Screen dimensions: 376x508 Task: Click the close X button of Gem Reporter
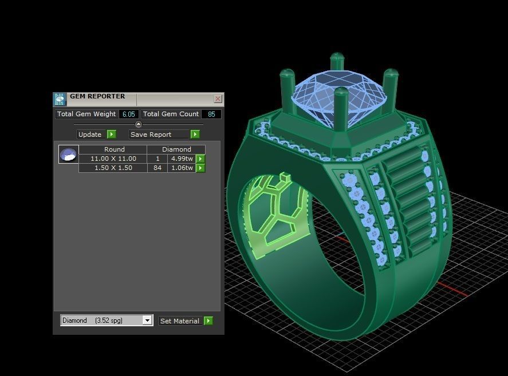(218, 99)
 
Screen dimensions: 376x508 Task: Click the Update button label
(90, 134)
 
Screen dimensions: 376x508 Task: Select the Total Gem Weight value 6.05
(128, 114)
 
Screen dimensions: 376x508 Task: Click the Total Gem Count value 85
(211, 114)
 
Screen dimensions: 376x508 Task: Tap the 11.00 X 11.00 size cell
(113, 159)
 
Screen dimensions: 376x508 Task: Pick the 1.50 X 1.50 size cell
(113, 168)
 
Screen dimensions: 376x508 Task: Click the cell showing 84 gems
(157, 168)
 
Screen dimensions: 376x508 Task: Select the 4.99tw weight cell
(182, 159)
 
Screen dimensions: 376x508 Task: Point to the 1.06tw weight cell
(182, 168)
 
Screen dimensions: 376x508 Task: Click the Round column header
(114, 149)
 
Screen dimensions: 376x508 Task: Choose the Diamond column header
(176, 149)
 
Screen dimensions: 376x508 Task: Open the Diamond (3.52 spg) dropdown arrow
(147, 320)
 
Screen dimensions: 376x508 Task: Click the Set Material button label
(180, 321)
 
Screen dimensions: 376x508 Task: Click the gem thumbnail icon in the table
(68, 155)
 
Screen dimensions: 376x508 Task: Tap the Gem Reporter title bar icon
(60, 100)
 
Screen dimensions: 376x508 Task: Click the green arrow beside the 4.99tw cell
(200, 159)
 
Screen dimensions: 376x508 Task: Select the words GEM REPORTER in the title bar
(97, 96)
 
